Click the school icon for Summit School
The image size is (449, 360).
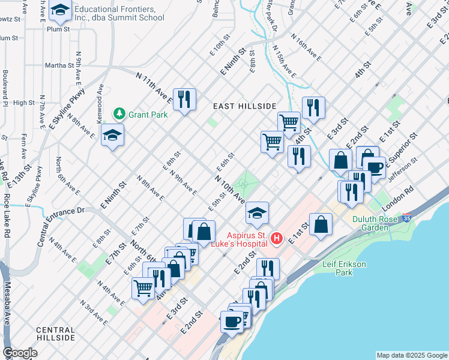click(60, 10)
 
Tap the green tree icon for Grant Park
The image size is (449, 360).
click(119, 113)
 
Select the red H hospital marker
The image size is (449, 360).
click(276, 239)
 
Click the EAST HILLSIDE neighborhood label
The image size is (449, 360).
click(245, 106)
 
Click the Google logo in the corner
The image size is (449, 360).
click(20, 353)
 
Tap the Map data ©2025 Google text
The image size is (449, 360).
click(411, 355)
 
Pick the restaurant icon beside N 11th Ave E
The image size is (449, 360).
click(184, 98)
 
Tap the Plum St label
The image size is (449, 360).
click(58, 28)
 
